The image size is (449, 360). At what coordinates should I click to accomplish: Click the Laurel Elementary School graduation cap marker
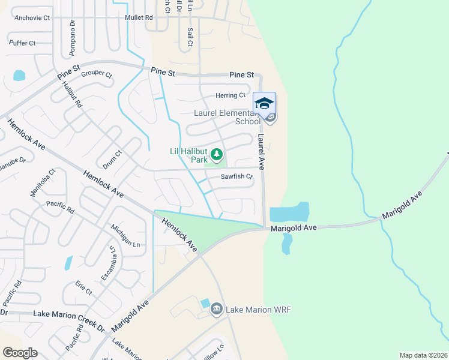pos(264,104)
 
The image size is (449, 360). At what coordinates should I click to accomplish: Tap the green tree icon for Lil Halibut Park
pos(216,155)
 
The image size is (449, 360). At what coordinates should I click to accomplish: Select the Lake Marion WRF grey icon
pos(217,310)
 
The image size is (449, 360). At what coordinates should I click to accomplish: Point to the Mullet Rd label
pos(139,18)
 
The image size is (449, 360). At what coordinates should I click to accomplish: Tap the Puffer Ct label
pos(22,43)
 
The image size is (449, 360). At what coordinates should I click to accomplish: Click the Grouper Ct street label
pos(97,74)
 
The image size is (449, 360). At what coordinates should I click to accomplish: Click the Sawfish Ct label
pos(237,177)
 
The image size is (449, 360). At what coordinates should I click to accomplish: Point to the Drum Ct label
pos(112,159)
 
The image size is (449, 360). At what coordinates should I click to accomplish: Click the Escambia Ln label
pos(108,264)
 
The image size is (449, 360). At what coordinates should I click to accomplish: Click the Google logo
pos(20,353)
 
